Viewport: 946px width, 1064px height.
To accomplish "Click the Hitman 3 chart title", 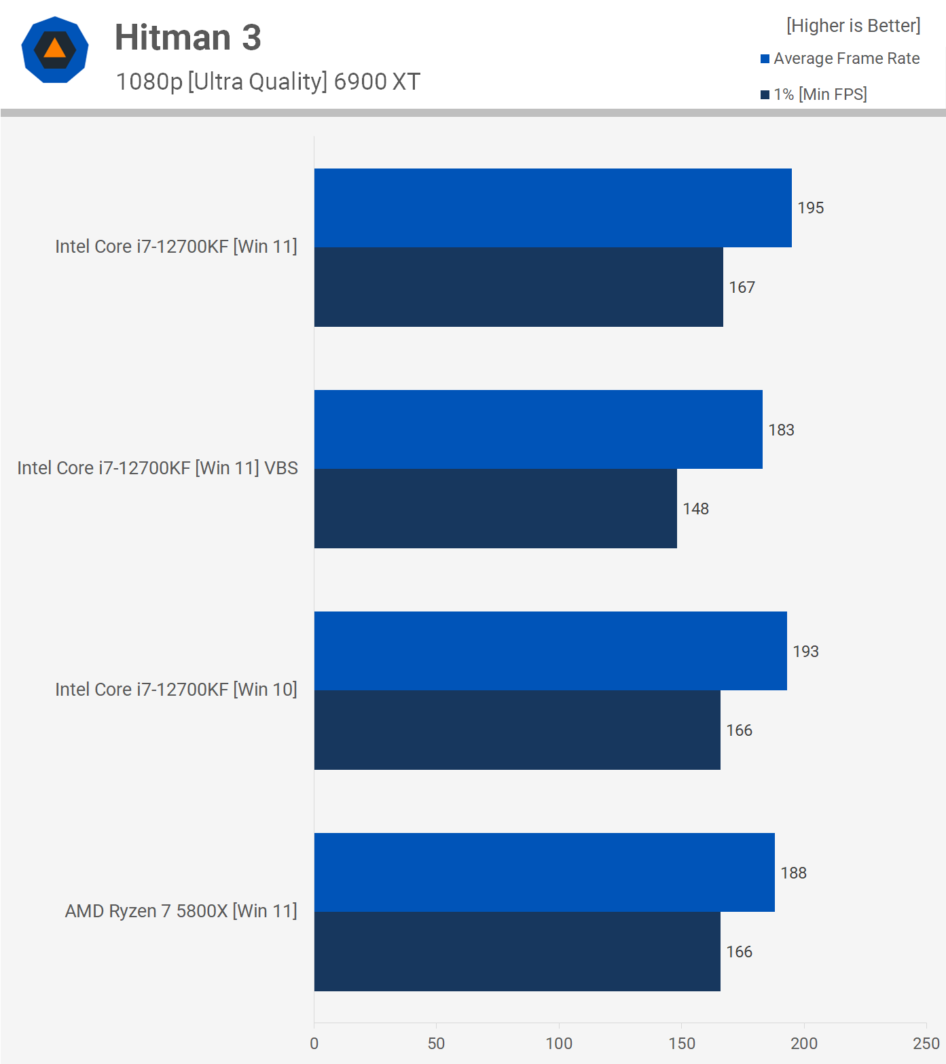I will click(187, 37).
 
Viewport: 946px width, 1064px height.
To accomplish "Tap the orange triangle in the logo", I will click(54, 48).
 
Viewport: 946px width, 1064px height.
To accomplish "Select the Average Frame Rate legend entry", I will click(840, 59).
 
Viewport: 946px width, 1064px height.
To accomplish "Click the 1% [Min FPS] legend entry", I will click(814, 94).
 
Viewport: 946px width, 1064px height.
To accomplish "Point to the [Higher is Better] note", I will click(853, 26).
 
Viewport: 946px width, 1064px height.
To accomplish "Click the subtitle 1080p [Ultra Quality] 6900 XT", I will click(268, 82).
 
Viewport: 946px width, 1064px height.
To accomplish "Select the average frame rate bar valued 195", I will click(553, 208).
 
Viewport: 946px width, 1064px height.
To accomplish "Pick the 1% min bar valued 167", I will click(518, 287).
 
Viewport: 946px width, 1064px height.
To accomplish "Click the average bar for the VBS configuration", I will click(538, 429).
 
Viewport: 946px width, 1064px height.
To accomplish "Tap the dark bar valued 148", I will click(495, 508).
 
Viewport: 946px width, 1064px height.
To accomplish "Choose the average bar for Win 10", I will click(550, 651).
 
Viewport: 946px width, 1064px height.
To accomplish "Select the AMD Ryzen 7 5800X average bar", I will click(544, 872).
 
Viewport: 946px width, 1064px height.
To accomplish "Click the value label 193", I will click(805, 652).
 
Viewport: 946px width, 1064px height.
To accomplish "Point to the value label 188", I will click(793, 873).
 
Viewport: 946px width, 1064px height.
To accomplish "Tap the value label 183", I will click(781, 430).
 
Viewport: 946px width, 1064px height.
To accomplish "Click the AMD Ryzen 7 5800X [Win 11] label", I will click(181, 911).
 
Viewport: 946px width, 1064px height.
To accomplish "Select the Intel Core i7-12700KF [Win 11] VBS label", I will click(158, 468).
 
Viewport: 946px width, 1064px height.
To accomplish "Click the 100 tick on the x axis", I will click(559, 1044).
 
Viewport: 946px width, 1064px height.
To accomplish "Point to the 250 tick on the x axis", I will click(926, 1044).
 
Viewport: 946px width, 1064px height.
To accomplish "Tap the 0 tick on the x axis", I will click(314, 1044).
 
